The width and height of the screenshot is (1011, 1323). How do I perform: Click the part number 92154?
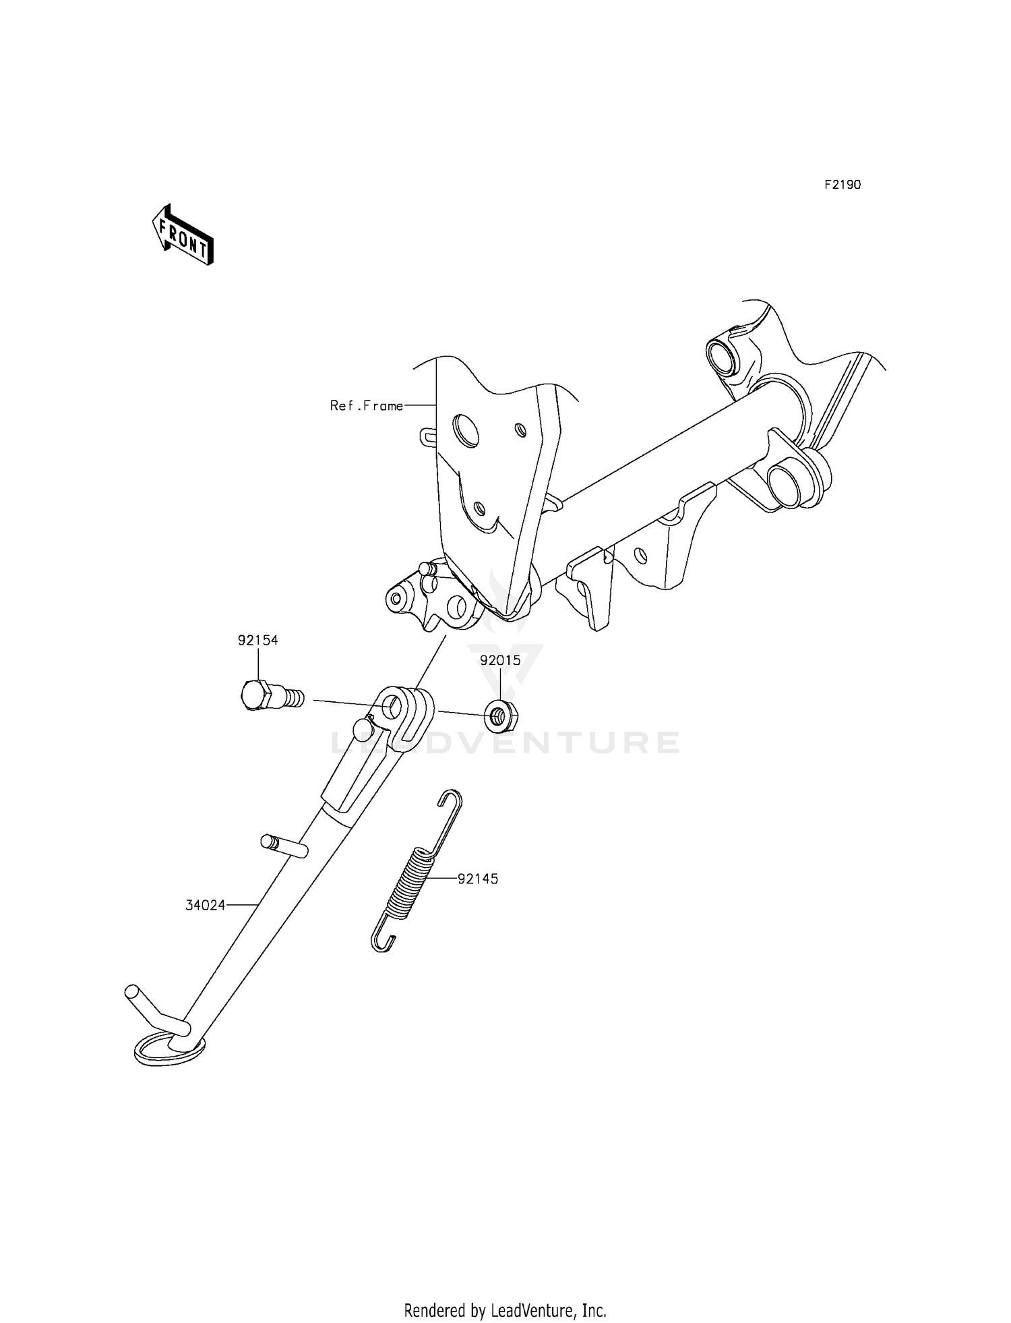coord(257,640)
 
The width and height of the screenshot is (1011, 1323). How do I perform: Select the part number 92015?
coord(500,660)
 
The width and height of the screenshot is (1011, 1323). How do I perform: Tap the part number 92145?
coord(478,879)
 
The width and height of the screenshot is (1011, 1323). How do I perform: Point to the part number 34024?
coord(206,906)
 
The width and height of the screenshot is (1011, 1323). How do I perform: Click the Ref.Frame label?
coord(367,405)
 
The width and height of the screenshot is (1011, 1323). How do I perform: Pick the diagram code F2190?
coord(842,185)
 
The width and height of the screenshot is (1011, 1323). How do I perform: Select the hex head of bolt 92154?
coord(255,695)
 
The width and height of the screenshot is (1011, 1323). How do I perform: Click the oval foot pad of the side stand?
coord(168,1051)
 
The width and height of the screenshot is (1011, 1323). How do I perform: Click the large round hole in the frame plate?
coord(466,430)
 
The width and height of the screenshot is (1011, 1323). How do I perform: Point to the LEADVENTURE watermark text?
coord(506,742)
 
